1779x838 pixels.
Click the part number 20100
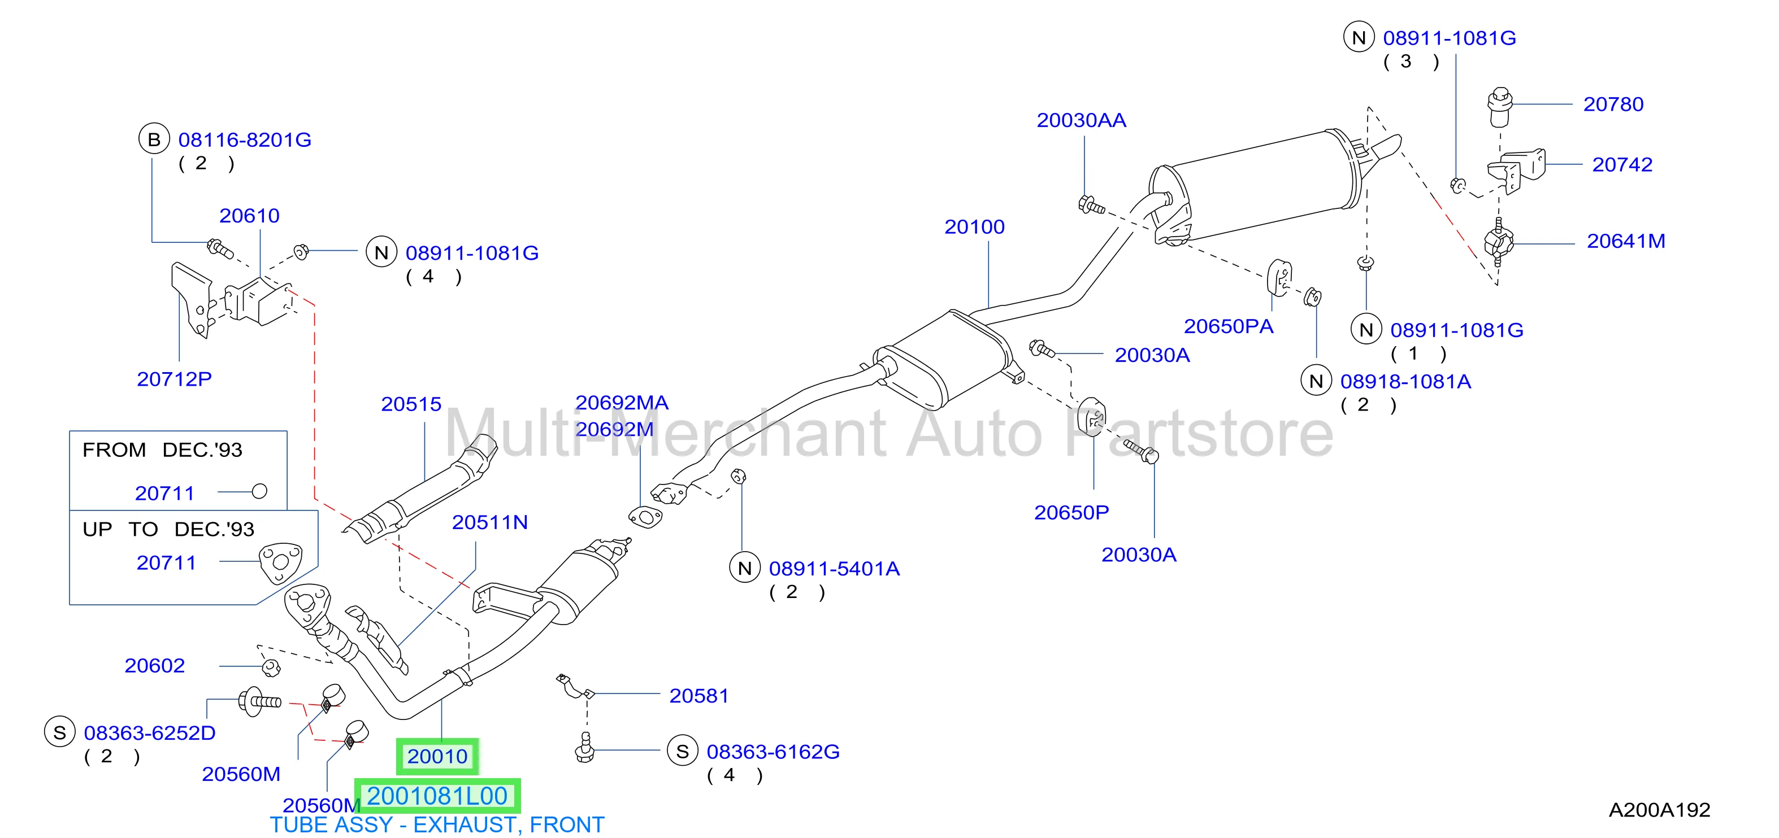click(x=974, y=226)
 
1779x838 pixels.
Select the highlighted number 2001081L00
click(x=437, y=796)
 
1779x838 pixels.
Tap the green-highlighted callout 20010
click(x=437, y=756)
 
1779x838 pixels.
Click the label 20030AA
click(x=1082, y=120)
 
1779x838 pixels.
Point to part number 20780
click(x=1613, y=104)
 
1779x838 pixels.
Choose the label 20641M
click(x=1626, y=241)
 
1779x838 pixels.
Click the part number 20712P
click(x=174, y=379)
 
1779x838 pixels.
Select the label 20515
click(x=411, y=404)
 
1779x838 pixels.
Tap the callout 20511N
click(x=489, y=522)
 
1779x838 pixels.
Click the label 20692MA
click(x=622, y=403)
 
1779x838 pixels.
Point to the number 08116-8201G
click(x=245, y=140)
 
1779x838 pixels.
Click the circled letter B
click(x=154, y=139)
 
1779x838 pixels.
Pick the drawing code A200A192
click(x=1660, y=810)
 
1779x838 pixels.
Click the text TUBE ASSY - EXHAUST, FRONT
click(x=437, y=825)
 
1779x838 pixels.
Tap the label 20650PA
click(x=1229, y=326)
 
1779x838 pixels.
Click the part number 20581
click(x=699, y=696)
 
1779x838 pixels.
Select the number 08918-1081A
click(x=1405, y=381)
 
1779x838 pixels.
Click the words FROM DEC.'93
click(x=162, y=450)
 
